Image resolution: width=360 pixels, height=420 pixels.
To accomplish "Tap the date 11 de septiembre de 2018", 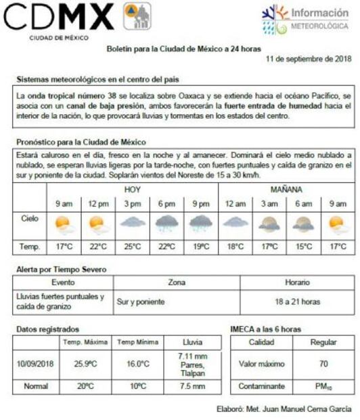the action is tap(308, 60).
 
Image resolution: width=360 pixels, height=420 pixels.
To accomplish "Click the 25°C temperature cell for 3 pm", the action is tap(132, 247).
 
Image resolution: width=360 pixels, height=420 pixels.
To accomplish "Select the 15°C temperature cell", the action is tap(303, 247).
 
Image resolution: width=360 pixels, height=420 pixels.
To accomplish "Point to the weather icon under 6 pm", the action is tap(166, 224).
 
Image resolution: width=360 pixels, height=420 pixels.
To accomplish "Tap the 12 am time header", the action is tap(235, 203).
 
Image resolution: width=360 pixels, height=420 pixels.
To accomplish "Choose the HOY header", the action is tap(133, 190).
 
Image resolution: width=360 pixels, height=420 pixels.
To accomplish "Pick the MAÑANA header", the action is tap(286, 190).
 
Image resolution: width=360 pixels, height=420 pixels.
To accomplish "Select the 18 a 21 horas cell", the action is tap(298, 301).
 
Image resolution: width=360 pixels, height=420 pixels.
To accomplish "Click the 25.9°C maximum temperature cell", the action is tap(86, 364).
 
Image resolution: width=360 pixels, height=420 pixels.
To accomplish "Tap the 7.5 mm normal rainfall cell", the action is tap(193, 387).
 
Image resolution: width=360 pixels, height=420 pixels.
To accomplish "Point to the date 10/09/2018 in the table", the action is tap(36, 364).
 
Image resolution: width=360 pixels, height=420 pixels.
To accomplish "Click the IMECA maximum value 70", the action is tap(323, 364).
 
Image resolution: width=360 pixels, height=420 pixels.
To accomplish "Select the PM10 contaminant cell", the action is tap(323, 387).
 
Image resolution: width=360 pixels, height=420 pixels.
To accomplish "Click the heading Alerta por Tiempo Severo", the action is tap(61, 270).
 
